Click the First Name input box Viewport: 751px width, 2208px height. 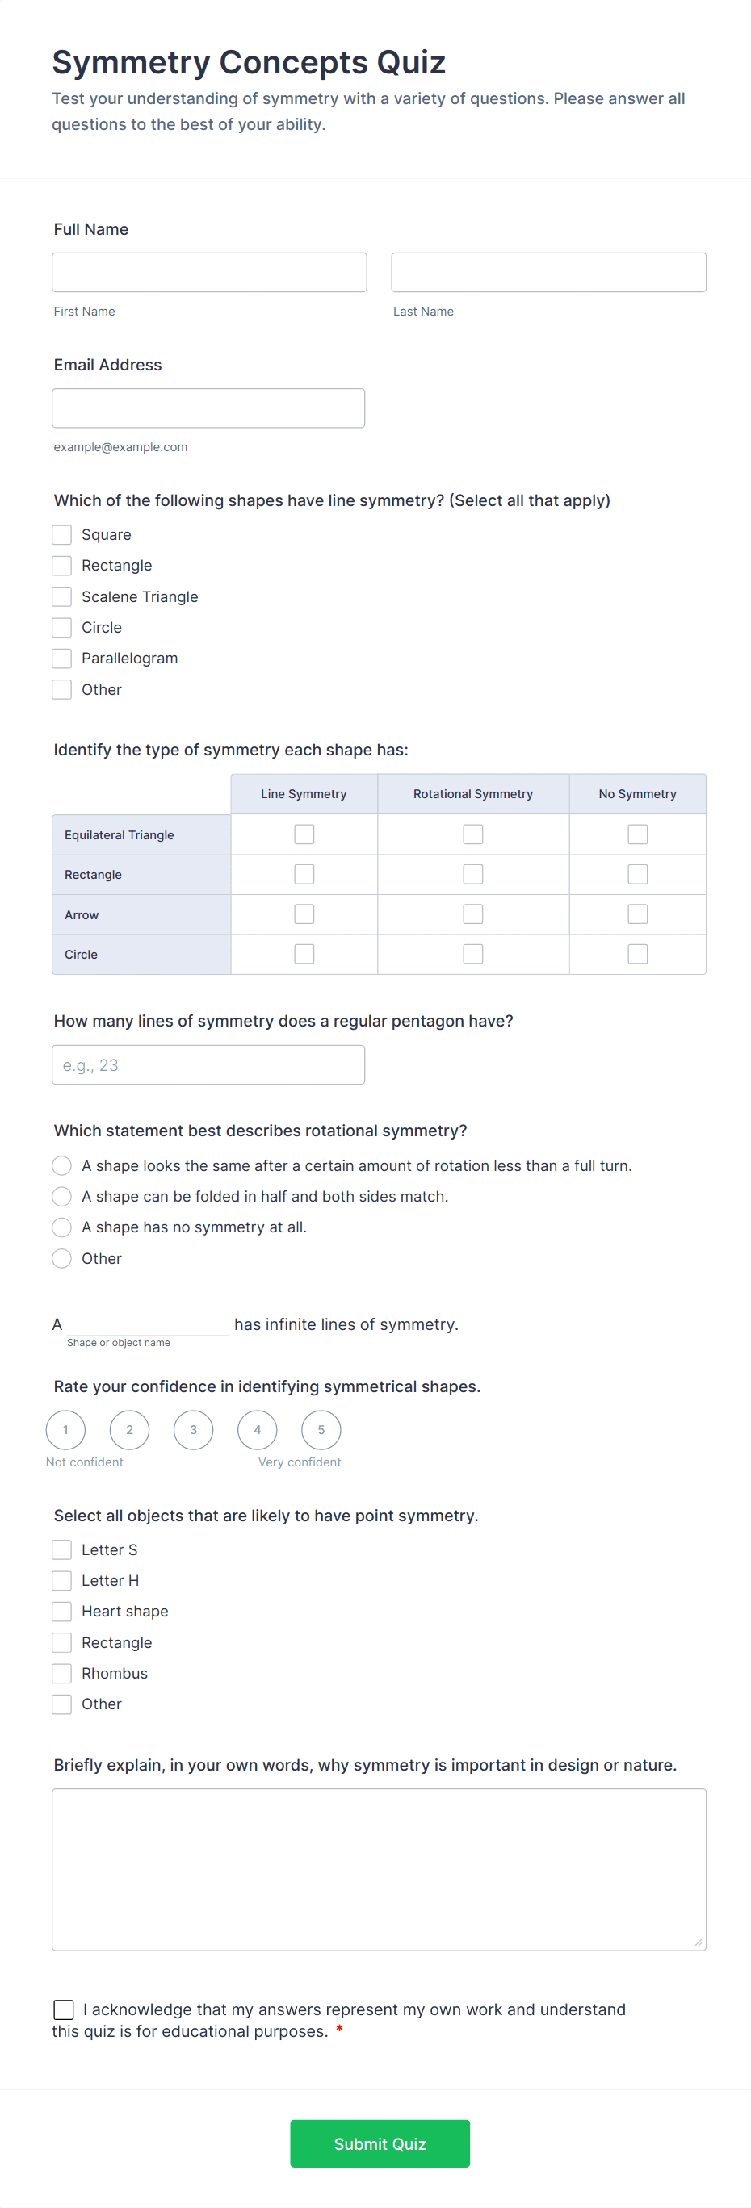click(x=209, y=273)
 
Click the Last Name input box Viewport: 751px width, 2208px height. click(x=548, y=273)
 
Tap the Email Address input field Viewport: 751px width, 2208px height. click(x=208, y=408)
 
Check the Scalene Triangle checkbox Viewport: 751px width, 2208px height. click(x=61, y=596)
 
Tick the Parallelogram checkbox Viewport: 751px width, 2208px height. click(x=61, y=659)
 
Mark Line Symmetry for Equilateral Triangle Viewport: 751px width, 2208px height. click(x=304, y=834)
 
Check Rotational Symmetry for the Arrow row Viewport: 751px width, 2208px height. click(x=473, y=914)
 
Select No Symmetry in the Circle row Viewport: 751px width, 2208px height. click(x=638, y=954)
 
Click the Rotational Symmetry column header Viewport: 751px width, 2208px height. click(x=473, y=794)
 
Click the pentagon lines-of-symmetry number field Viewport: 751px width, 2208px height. click(x=208, y=1064)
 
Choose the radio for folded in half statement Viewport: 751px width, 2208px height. click(x=61, y=1197)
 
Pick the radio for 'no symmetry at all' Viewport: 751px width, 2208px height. click(x=61, y=1227)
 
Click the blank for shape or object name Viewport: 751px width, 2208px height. click(x=148, y=1324)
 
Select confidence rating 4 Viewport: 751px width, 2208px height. click(x=257, y=1430)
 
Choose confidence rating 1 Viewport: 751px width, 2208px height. click(x=66, y=1430)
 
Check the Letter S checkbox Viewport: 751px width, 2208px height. click(x=61, y=1549)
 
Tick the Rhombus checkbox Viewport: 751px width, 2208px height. click(x=61, y=1673)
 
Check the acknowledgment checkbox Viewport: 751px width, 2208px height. click(x=64, y=2010)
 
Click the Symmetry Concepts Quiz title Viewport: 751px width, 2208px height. click(x=249, y=63)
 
